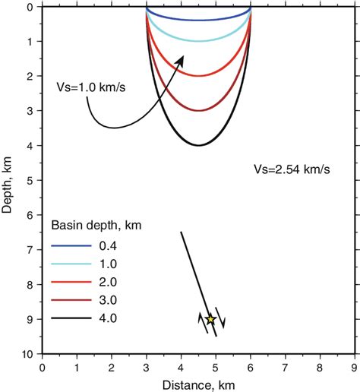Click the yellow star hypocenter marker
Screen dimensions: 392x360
210,320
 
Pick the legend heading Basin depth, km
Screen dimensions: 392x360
96,226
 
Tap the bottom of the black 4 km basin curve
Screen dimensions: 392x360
198,145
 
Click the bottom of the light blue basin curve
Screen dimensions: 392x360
198,41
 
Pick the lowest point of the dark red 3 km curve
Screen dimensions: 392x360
198,110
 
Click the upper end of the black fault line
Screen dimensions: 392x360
181,232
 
